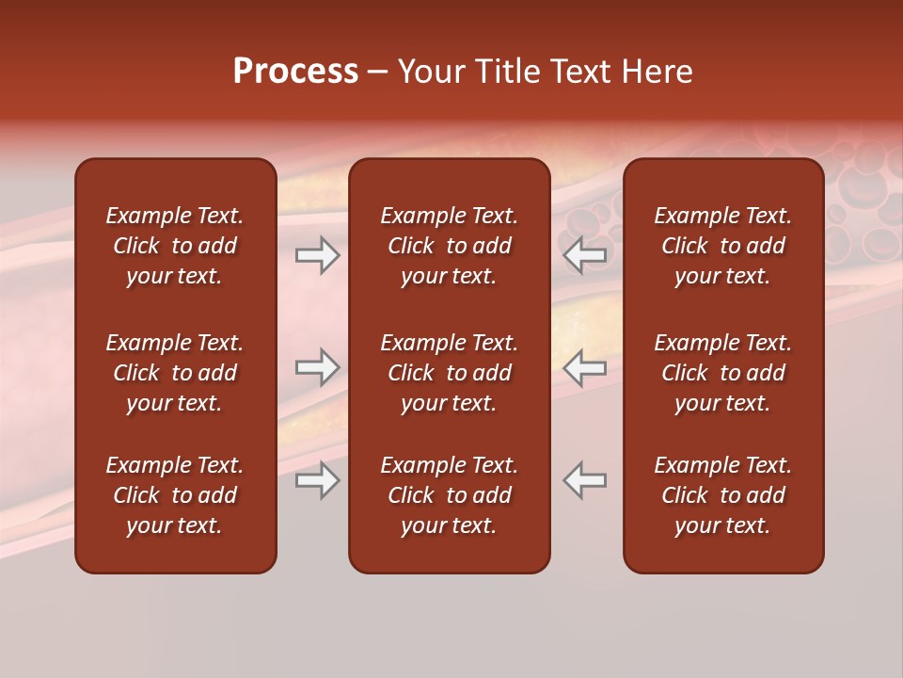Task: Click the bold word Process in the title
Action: tap(295, 72)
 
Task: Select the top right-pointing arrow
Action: tap(317, 255)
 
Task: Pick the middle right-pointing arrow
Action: tap(317, 367)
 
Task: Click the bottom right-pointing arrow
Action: tap(317, 480)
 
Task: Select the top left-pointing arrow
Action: tap(585, 255)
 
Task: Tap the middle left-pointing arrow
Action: tap(585, 367)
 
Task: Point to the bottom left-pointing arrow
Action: tap(585, 480)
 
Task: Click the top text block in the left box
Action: tap(175, 246)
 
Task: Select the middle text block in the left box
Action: tap(175, 373)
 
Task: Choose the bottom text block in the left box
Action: tap(175, 495)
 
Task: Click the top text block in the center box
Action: tap(449, 246)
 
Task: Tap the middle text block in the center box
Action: tap(449, 373)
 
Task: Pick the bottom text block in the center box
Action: tap(449, 495)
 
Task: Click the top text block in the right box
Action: tap(723, 246)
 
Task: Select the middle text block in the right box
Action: tap(723, 373)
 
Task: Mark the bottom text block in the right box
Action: tap(723, 495)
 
